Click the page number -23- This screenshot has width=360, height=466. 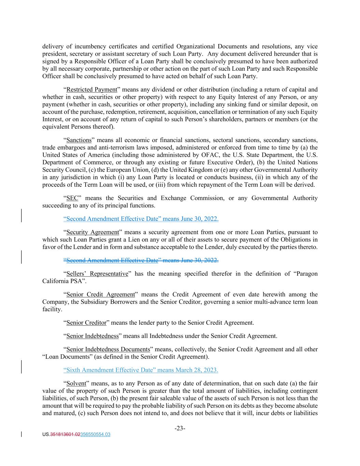(x=180, y=428)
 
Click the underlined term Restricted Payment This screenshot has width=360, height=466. (x=92, y=90)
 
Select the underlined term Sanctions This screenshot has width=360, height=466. (x=79, y=140)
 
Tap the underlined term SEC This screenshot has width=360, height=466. (x=72, y=198)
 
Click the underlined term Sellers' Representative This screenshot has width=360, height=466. (x=97, y=273)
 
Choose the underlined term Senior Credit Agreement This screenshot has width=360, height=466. (x=101, y=294)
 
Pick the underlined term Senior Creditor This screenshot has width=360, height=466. (x=86, y=323)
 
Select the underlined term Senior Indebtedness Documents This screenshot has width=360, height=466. (x=108, y=349)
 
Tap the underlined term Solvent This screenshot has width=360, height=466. (x=76, y=383)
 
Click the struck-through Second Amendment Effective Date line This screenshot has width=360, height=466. (x=141, y=260)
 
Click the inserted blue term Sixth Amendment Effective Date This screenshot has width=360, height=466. (x=112, y=370)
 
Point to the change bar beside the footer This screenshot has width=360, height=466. (x=22, y=434)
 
